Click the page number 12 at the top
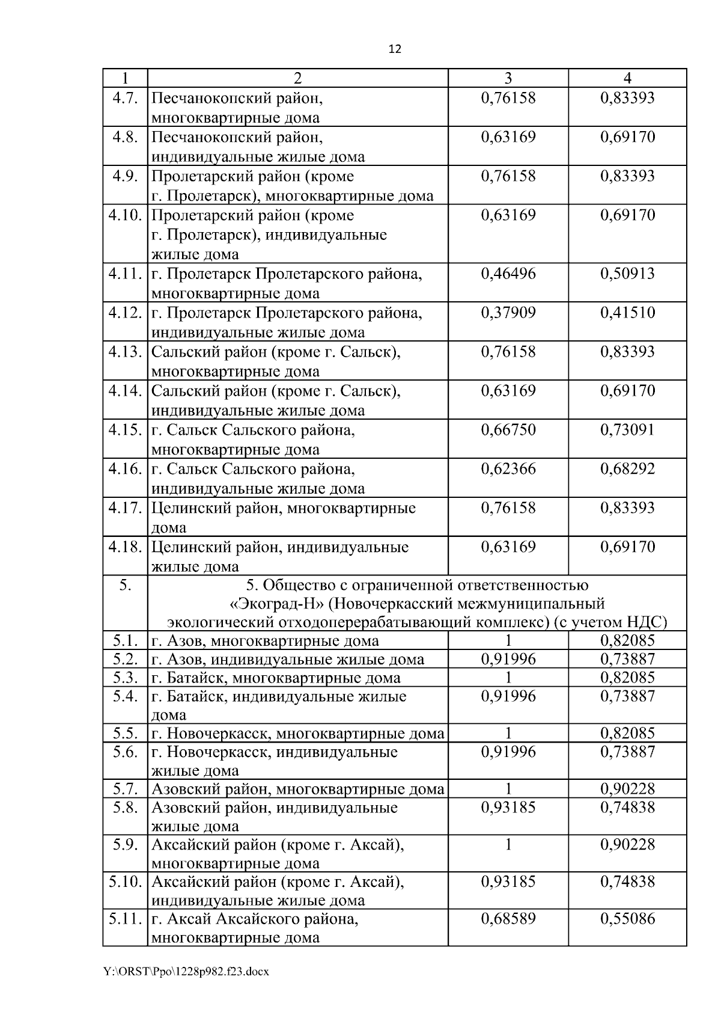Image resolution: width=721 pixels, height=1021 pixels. [395, 49]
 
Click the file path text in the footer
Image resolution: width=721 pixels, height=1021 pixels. [186, 971]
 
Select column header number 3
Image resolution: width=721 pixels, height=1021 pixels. [508, 78]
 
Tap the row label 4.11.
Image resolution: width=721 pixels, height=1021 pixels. [125, 274]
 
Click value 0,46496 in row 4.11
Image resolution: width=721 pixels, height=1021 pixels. [508, 274]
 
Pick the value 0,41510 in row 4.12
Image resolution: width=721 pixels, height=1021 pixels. [627, 313]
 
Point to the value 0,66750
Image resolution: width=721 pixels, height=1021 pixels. [508, 431]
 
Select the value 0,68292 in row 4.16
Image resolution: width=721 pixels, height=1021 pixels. [627, 470]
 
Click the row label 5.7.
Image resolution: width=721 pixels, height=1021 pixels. [125, 789]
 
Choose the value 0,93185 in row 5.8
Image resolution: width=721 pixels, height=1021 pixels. [508, 808]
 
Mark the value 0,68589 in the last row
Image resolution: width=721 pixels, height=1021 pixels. [508, 919]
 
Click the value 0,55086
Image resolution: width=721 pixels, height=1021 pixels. [627, 919]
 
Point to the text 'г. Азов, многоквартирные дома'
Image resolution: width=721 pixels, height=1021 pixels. [265, 641]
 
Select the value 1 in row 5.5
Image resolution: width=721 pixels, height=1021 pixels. [508, 734]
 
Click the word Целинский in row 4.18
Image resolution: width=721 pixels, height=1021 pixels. [187, 548]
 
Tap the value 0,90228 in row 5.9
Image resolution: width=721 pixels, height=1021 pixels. [627, 845]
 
